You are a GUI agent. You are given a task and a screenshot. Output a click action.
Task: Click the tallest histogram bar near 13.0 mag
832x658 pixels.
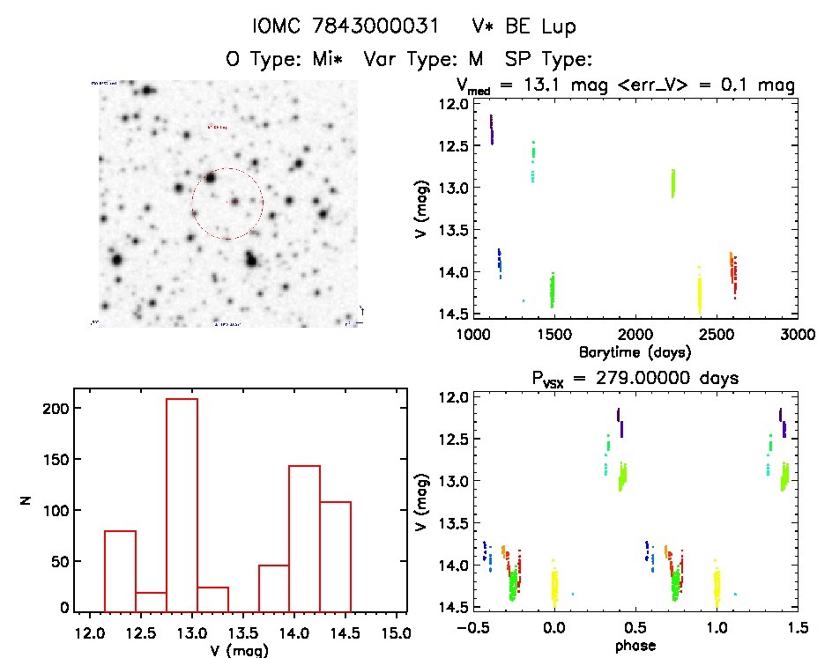tap(182, 502)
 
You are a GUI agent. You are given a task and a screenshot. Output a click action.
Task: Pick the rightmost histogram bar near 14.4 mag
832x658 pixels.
tap(335, 555)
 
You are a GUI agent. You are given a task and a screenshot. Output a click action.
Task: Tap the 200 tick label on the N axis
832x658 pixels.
tap(50, 409)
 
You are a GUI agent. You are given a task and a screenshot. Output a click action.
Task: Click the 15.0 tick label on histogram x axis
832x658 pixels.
tap(396, 632)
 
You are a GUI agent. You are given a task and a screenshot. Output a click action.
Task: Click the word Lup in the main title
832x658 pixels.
tap(559, 27)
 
